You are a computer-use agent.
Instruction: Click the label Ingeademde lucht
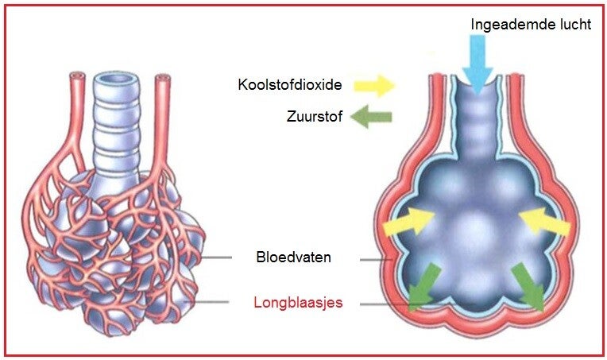(x=531, y=25)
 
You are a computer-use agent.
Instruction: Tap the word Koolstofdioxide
(x=290, y=84)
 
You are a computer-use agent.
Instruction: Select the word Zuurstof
(x=315, y=116)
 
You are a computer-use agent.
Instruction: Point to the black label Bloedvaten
(x=293, y=257)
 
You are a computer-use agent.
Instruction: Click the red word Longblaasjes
(x=298, y=302)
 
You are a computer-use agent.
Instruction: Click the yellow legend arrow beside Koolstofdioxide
(x=374, y=86)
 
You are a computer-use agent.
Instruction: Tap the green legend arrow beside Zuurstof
(x=371, y=117)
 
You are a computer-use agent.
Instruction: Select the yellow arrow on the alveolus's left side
(x=408, y=222)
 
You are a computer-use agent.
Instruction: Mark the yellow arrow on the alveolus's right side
(x=545, y=222)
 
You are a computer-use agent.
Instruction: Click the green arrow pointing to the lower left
(x=423, y=287)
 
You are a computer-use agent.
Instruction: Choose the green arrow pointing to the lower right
(x=528, y=287)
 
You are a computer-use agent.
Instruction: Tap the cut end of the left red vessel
(x=77, y=75)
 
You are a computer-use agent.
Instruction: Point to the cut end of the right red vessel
(x=163, y=78)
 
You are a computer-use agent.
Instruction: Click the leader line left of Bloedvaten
(x=217, y=257)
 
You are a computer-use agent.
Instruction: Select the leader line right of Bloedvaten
(x=376, y=260)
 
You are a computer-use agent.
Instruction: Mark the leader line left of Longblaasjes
(x=206, y=302)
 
